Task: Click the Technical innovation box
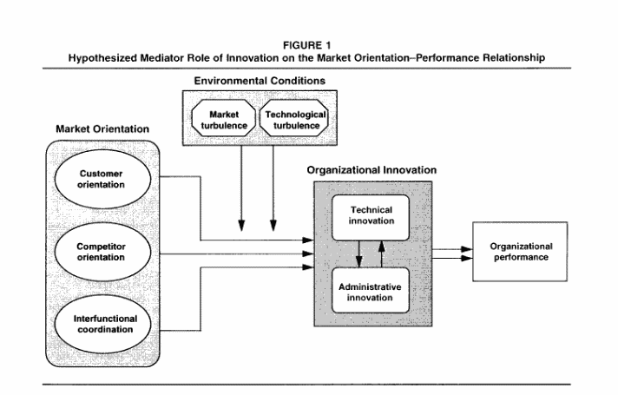371,215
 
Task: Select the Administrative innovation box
371,293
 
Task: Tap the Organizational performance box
521,252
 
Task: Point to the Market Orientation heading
102,128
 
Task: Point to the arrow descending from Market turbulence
241,191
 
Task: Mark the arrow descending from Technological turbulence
273,191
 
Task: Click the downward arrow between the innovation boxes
359,253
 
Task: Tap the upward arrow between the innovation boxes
382,253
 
